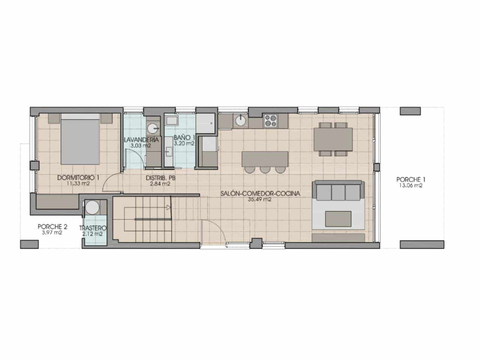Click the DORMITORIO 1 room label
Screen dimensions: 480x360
(x=78, y=178)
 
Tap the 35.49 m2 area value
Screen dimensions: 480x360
(x=260, y=199)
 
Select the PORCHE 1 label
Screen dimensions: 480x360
(x=411, y=180)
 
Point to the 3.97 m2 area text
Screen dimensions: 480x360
(x=52, y=232)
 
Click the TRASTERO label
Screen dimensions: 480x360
(x=93, y=228)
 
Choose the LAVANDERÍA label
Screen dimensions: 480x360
(x=141, y=139)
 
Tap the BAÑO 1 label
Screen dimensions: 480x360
(x=184, y=138)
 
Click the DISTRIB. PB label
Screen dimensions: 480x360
(x=160, y=178)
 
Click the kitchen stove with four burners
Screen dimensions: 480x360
(x=270, y=121)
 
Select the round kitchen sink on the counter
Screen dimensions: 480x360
(x=240, y=120)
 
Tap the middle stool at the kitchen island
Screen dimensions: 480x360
(x=265, y=169)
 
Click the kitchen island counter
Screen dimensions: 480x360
(x=265, y=159)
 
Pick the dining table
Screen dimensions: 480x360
(x=333, y=139)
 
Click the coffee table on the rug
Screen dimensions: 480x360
(x=338, y=219)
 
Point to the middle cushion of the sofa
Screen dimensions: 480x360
(x=338, y=192)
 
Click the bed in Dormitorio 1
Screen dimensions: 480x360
(x=80, y=139)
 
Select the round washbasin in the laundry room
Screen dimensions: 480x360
(x=153, y=129)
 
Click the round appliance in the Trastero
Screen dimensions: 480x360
(x=92, y=208)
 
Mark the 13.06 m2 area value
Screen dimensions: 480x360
(x=411, y=186)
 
